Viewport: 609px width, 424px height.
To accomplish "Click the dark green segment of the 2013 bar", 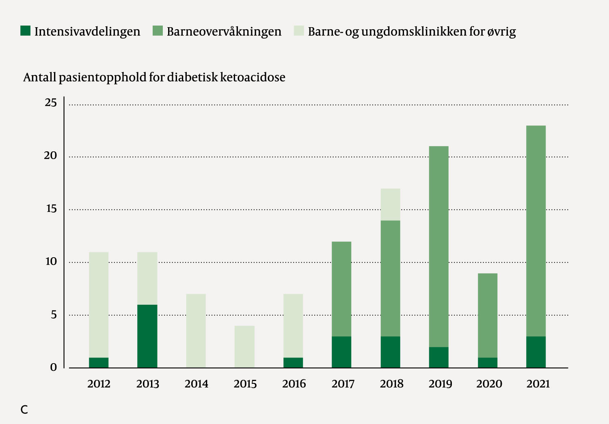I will (147, 336).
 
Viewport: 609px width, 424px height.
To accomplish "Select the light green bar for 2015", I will (244, 347).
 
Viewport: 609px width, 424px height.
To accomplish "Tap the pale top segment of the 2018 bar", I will (390, 204).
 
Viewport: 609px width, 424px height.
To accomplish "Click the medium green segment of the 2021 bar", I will (536, 231).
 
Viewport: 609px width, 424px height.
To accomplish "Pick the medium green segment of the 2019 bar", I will (439, 246).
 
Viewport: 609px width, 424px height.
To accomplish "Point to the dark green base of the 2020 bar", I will (488, 362).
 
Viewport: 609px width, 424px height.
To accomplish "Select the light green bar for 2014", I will (196, 331).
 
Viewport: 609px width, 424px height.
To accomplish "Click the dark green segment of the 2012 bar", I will (99, 362).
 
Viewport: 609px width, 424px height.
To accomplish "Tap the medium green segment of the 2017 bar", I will (341, 289).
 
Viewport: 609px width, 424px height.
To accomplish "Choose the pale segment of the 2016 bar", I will (293, 325).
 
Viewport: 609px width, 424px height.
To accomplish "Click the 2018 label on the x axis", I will (391, 384).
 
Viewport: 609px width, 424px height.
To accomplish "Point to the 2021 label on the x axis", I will (538, 384).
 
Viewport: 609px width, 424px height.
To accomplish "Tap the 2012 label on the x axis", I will (99, 384).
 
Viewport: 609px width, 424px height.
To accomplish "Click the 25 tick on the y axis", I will (51, 103).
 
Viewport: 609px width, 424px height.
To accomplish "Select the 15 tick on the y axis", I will (51, 209).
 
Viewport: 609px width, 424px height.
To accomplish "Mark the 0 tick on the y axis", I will (54, 367).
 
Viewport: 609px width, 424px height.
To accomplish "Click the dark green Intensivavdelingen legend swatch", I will (25, 31).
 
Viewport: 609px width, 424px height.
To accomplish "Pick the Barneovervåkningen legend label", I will (224, 32).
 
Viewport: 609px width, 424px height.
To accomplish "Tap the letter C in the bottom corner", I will (24, 410).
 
